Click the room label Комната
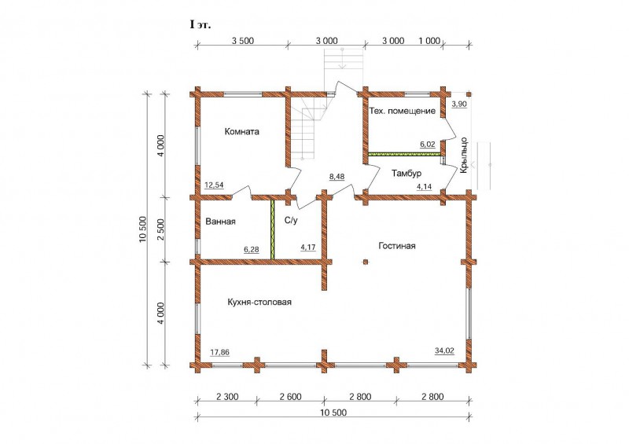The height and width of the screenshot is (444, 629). [x=242, y=131]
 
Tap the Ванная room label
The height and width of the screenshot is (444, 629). [x=220, y=222]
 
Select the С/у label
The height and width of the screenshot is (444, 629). [x=291, y=220]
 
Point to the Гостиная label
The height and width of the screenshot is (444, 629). [x=397, y=246]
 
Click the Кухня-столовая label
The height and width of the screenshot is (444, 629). [x=259, y=302]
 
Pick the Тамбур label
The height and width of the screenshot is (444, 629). [x=406, y=174]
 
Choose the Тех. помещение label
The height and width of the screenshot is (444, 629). [x=403, y=111]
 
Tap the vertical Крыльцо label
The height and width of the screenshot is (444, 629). [x=463, y=156]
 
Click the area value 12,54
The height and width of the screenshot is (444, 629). [x=214, y=185]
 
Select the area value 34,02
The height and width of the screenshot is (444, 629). [x=444, y=351]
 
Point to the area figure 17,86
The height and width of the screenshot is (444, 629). [x=220, y=353]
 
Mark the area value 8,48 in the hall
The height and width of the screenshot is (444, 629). [x=337, y=177]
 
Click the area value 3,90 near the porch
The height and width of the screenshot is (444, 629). [x=459, y=105]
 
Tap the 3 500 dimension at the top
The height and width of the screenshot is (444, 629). [x=243, y=41]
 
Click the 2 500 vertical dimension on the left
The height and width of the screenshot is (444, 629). [x=160, y=229]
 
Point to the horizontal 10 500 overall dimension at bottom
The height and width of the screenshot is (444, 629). [x=333, y=413]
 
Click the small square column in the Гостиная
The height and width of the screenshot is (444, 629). [x=366, y=262]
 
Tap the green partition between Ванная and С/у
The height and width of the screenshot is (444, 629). [x=272, y=229]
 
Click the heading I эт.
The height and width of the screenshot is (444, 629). [x=200, y=25]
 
